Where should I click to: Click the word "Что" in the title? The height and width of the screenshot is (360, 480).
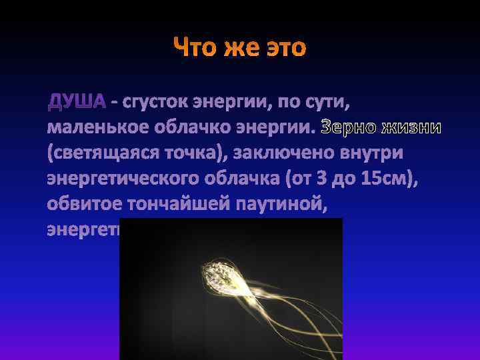tap(195, 48)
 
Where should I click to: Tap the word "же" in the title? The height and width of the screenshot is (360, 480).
tap(242, 48)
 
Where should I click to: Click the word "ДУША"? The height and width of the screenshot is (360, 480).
tap(77, 102)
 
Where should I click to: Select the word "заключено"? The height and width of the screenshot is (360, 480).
tap(287, 153)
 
